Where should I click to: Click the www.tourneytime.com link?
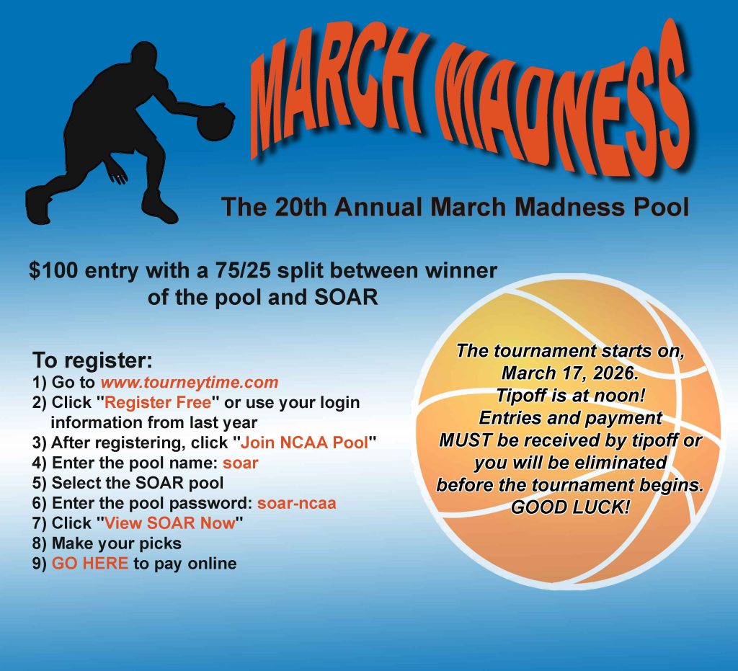(x=189, y=382)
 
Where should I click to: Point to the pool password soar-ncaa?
(x=296, y=503)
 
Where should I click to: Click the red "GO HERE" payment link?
(x=90, y=564)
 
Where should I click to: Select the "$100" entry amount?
(x=53, y=271)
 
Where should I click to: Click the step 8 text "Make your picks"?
(x=117, y=543)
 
